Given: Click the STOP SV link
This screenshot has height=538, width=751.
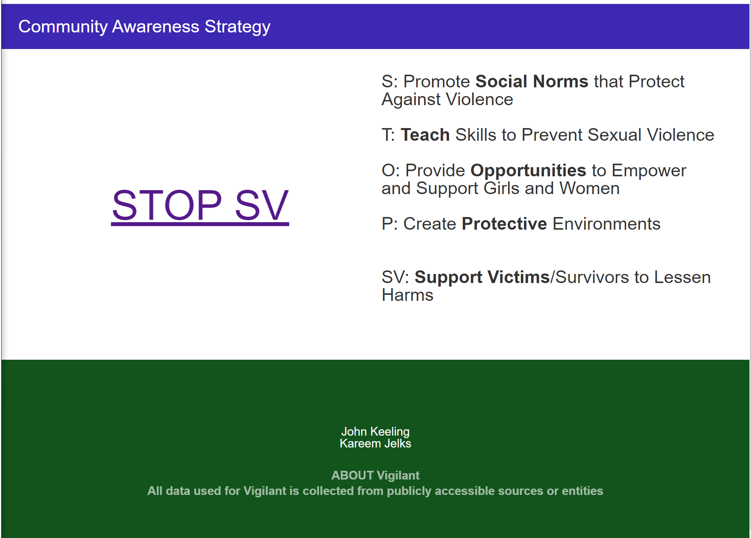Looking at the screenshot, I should pos(200,205).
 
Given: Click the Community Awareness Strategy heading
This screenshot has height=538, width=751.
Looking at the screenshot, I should pos(144,26).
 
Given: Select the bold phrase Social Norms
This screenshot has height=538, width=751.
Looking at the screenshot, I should pos(531,81).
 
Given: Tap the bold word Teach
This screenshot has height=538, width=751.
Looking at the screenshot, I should pos(425,135).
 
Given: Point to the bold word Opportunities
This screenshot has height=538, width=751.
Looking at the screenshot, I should pos(528,170).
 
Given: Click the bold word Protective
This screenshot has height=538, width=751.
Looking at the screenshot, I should pos(504,224).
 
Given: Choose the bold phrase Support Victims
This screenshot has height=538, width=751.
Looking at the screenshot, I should pos(482,277).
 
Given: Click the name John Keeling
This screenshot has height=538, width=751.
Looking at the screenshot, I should pos(375,431).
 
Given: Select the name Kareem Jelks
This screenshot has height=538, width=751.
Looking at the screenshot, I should pos(375,444).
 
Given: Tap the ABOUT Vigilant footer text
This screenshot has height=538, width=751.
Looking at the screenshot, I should pos(375,475).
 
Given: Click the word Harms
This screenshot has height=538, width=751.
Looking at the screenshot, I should pos(407,295).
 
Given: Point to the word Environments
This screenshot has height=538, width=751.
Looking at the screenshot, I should pos(606,224).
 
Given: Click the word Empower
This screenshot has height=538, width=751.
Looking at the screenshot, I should pos(649,170).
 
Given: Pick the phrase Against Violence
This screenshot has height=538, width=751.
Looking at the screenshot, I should pos(447,99).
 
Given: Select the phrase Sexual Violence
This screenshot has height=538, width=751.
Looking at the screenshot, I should pos(651,135).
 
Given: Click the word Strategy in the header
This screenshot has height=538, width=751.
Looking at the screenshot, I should pos(237,26).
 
